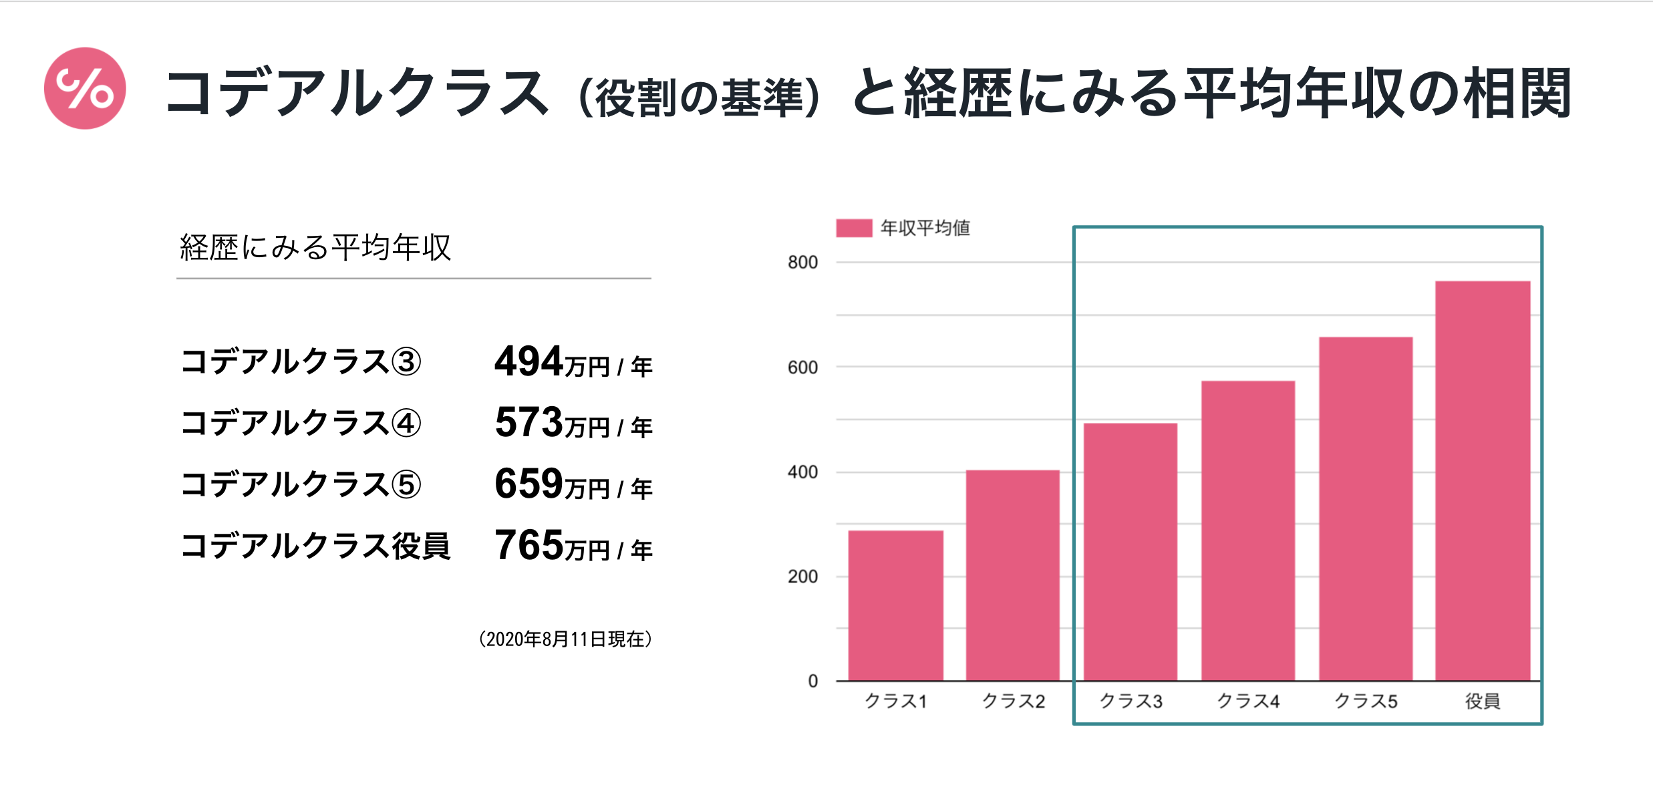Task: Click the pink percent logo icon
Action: tap(85, 88)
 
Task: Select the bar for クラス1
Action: tap(895, 605)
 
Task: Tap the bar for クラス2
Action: tap(1012, 575)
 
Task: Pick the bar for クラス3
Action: tap(1130, 552)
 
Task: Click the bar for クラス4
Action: tap(1247, 530)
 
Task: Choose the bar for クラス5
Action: tap(1365, 508)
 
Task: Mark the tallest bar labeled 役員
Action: tap(1482, 480)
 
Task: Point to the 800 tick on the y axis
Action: tap(802, 263)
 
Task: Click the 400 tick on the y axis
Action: tap(802, 472)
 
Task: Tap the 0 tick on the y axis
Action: tap(812, 681)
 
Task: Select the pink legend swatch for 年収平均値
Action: tap(853, 228)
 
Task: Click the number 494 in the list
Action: tap(529, 361)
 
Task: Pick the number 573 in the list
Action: tap(529, 422)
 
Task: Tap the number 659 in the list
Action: tap(529, 484)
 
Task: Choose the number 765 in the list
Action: tap(529, 545)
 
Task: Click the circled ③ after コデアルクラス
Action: tap(406, 362)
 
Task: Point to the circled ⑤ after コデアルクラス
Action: tap(406, 484)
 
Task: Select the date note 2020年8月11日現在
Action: tap(565, 639)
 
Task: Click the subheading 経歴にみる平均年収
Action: tap(315, 247)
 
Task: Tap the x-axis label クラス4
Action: tap(1247, 701)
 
